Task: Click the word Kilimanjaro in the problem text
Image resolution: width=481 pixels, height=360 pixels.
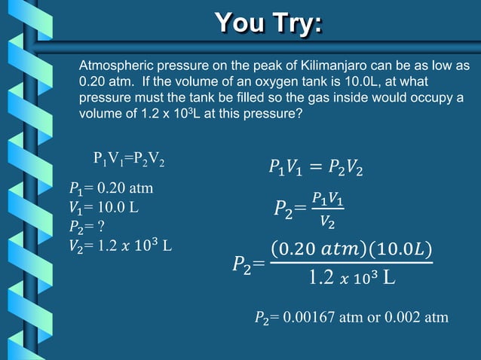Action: tap(323, 66)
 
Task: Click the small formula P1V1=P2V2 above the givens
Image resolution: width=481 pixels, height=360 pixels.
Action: tap(129, 159)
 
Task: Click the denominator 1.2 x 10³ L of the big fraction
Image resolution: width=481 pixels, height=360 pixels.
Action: tap(351, 278)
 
